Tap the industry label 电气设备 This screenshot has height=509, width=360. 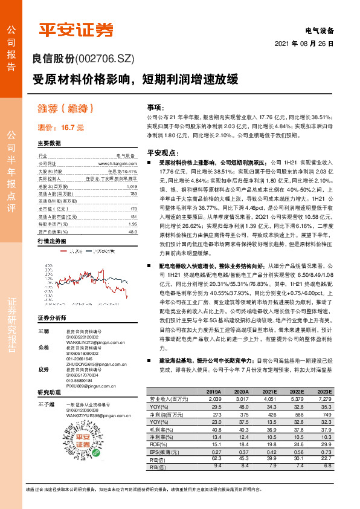pyautogui.click(x=320, y=30)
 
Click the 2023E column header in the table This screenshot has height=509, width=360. pyautogui.click(x=323, y=391)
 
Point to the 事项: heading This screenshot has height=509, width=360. pyautogui.click(x=156, y=106)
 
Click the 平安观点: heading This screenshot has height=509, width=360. pyautogui.click(x=160, y=153)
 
